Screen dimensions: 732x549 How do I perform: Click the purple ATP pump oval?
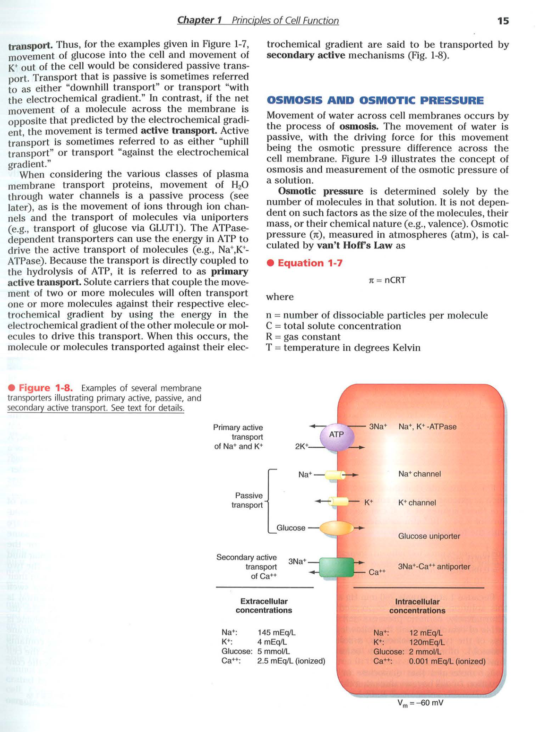(x=337, y=437)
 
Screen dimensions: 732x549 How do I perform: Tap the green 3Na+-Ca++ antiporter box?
(x=336, y=567)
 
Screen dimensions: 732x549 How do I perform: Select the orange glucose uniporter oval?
(x=336, y=528)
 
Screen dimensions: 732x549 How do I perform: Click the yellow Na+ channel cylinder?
(x=335, y=475)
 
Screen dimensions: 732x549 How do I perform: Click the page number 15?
(x=503, y=21)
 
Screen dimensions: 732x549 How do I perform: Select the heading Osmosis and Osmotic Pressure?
(x=375, y=101)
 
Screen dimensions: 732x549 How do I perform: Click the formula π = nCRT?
(x=387, y=280)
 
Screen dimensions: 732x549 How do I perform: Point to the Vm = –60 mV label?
(x=420, y=703)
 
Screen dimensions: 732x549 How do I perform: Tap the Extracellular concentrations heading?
(x=264, y=606)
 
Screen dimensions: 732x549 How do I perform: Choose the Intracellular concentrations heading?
(x=417, y=606)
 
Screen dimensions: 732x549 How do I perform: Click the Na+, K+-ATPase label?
(x=428, y=427)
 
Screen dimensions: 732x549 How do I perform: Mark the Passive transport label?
(x=248, y=500)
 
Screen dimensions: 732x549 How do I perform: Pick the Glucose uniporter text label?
(x=429, y=536)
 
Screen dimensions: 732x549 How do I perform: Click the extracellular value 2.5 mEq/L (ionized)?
(x=291, y=661)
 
